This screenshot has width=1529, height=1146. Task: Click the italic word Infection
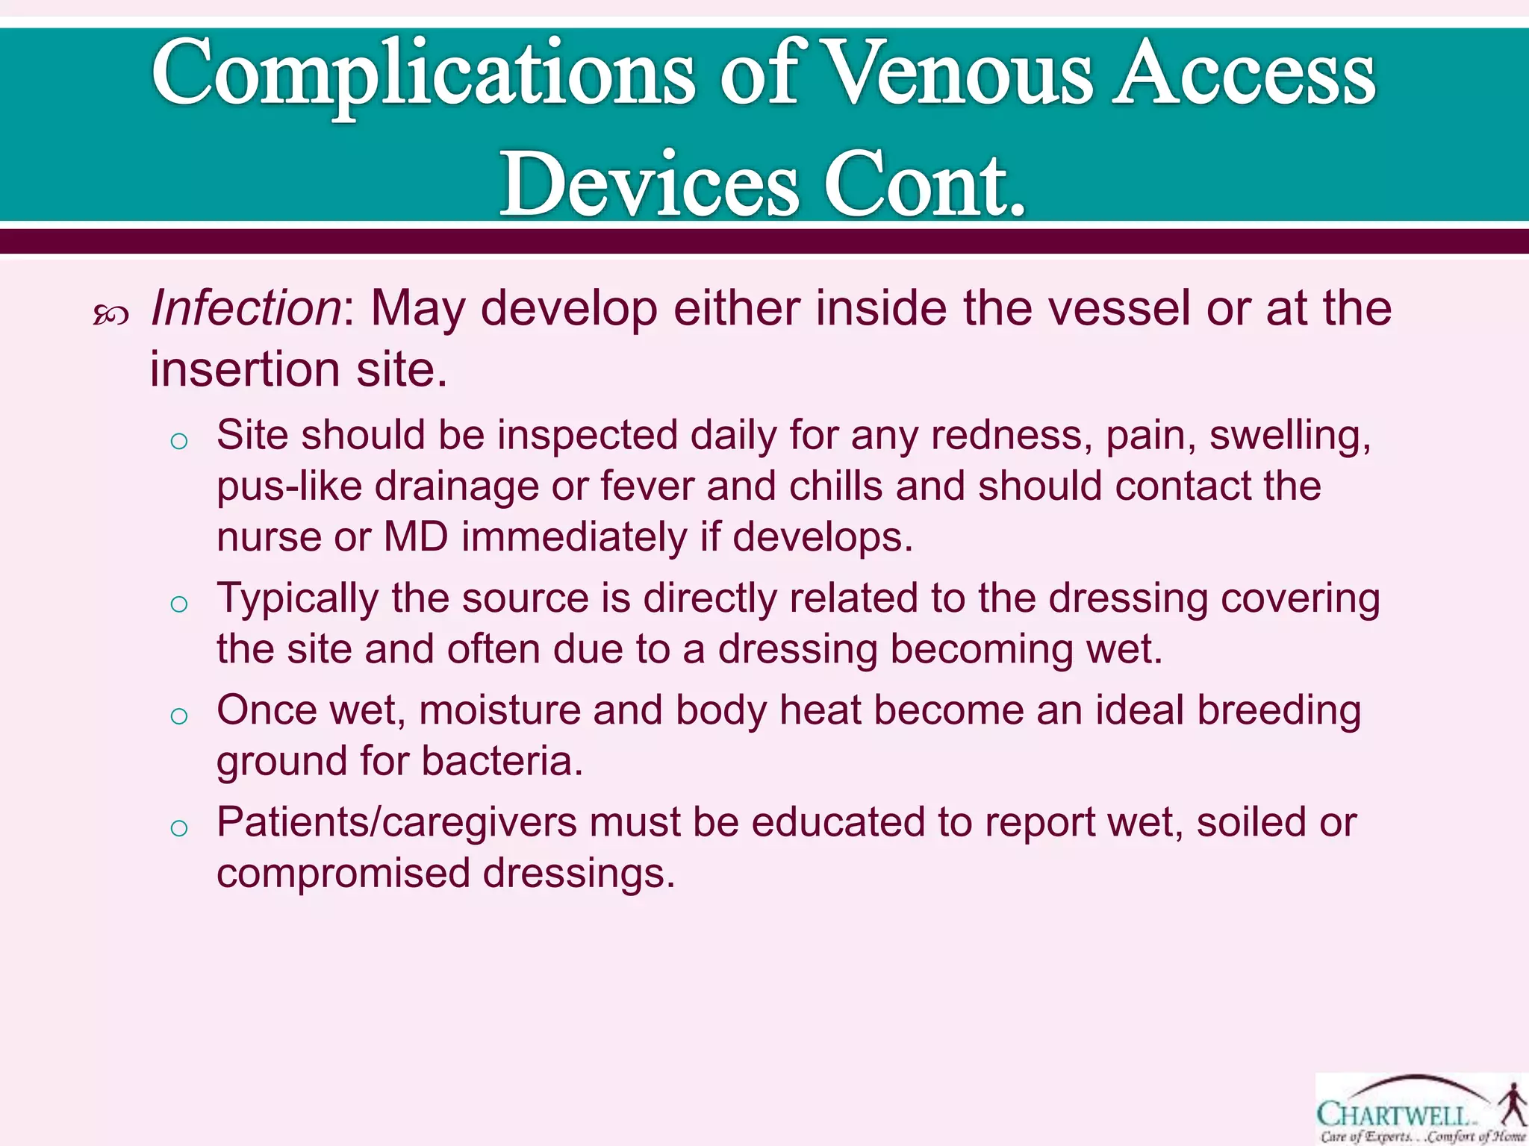click(246, 308)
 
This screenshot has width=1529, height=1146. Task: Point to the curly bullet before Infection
click(111, 316)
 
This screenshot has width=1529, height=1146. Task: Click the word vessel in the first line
click(1119, 308)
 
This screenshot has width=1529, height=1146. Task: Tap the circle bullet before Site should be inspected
click(178, 442)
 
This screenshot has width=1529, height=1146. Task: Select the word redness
click(1011, 435)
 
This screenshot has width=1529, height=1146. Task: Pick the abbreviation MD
click(416, 536)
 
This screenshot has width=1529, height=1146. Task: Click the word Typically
click(298, 599)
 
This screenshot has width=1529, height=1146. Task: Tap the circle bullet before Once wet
click(178, 716)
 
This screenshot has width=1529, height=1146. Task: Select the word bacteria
click(501, 761)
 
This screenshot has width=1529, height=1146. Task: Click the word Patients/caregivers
click(396, 822)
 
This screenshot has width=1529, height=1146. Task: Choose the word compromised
click(343, 873)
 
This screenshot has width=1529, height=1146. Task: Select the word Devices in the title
click(649, 184)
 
